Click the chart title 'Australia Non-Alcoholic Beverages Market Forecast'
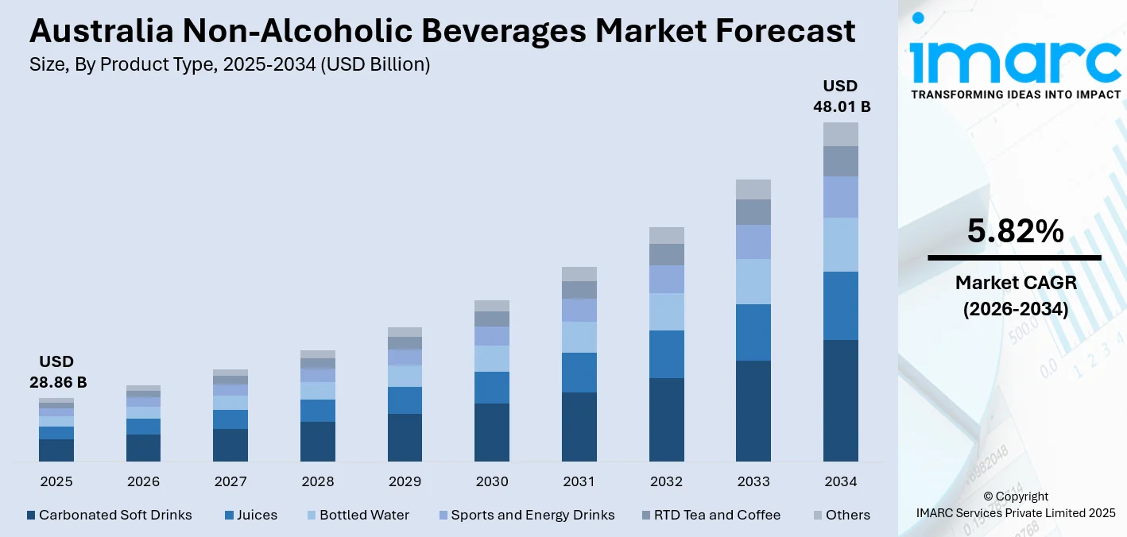[443, 32]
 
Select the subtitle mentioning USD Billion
[230, 65]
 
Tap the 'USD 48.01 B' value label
[841, 95]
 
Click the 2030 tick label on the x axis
[492, 481]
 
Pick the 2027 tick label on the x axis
[230, 481]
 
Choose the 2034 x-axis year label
[841, 481]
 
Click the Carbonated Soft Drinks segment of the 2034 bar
[841, 400]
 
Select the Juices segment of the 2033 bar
[753, 332]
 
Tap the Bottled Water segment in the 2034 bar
[841, 245]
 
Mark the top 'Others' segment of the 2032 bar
[666, 235]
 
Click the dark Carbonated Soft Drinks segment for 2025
[56, 450]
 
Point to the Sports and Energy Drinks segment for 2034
[841, 197]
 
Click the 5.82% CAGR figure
[1015, 231]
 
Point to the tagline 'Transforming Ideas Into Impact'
[1015, 95]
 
